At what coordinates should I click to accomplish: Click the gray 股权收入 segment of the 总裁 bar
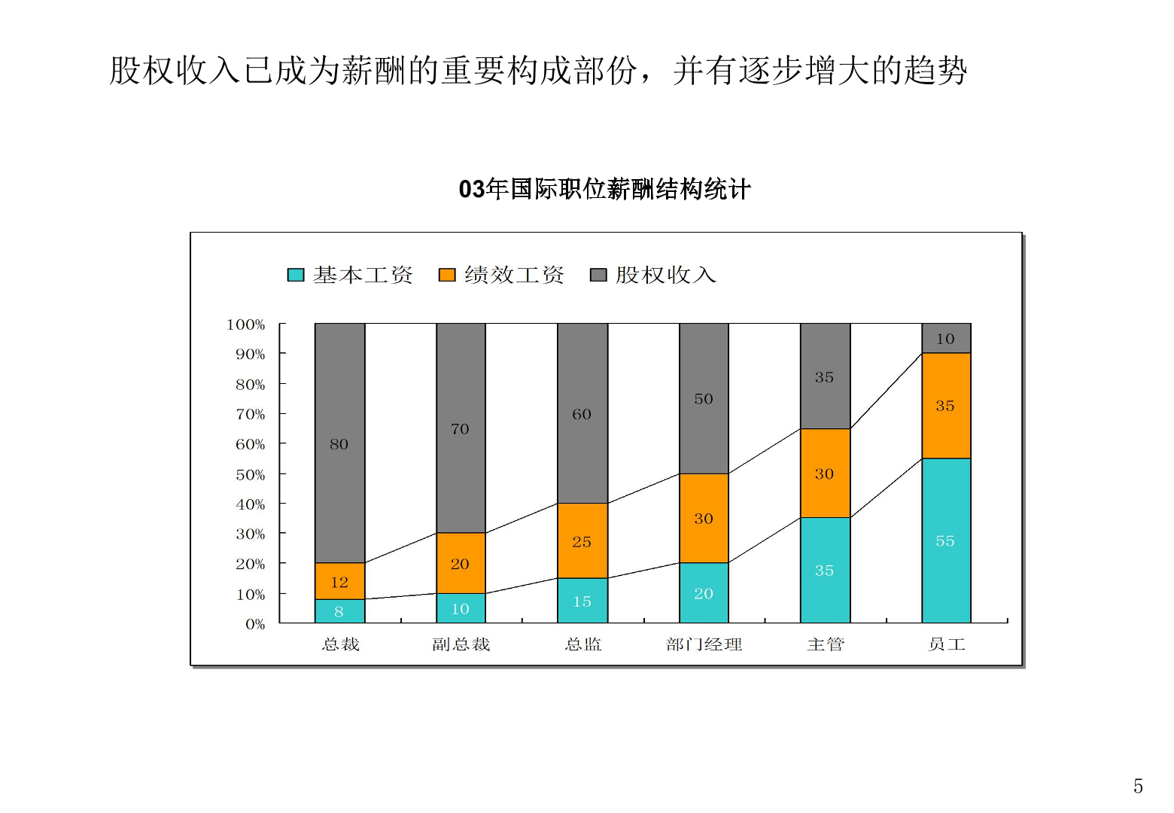tap(339, 443)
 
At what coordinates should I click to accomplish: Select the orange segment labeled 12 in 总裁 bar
tap(339, 581)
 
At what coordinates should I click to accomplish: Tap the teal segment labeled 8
tap(339, 611)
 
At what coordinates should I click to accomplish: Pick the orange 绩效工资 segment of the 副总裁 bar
tap(461, 563)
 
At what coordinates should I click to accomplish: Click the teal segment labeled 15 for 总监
tap(582, 601)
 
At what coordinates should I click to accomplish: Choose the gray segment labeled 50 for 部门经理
tap(704, 398)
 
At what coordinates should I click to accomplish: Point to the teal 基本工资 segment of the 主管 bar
tap(825, 570)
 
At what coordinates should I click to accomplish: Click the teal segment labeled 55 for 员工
tap(946, 540)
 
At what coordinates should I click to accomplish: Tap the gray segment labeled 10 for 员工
tap(946, 338)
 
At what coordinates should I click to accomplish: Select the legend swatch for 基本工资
tap(296, 275)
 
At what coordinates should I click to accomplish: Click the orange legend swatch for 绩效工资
tap(447, 275)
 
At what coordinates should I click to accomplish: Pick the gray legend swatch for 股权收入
tap(598, 275)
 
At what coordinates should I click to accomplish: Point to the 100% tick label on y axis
tap(246, 324)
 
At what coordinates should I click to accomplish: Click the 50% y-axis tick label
tap(250, 475)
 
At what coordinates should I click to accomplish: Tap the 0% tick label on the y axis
tap(255, 624)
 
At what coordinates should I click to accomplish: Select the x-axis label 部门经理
tap(704, 644)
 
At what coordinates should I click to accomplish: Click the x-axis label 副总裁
tap(461, 644)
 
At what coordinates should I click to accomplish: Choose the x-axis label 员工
tap(946, 644)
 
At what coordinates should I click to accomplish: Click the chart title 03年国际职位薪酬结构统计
tap(604, 189)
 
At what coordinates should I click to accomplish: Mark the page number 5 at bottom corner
tap(1138, 786)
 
